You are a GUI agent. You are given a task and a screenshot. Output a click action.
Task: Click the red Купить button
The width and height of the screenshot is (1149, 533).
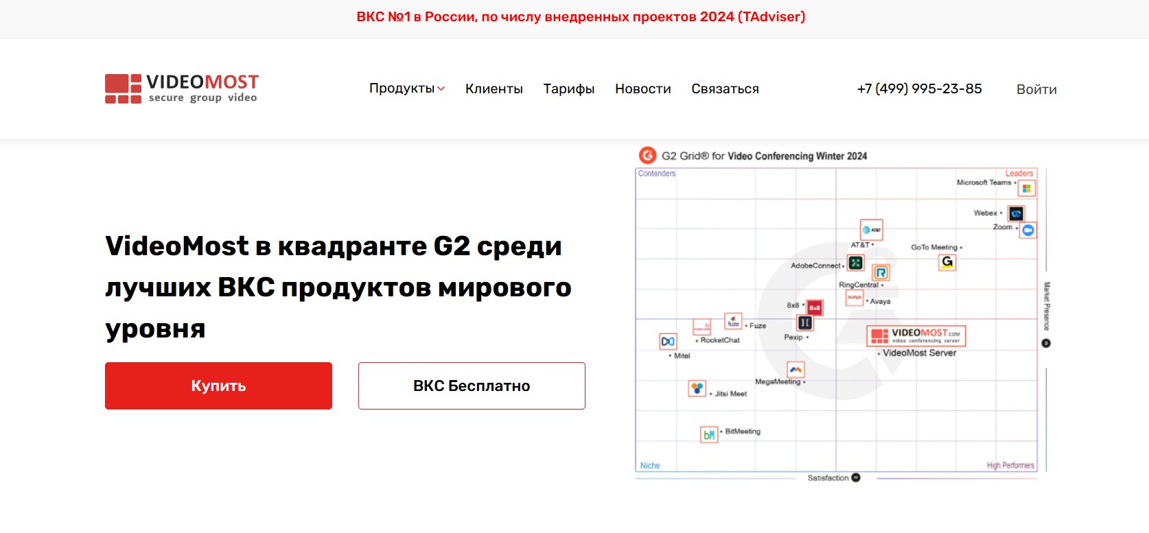pos(218,386)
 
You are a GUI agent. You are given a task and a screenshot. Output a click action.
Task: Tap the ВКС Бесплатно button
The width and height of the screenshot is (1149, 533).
pos(472,386)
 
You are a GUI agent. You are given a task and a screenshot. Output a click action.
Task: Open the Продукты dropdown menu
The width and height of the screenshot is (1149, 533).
pos(407,88)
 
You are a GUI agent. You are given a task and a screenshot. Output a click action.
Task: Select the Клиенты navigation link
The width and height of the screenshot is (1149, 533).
pos(494,88)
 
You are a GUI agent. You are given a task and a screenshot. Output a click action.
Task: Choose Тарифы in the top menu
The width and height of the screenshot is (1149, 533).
pos(569,88)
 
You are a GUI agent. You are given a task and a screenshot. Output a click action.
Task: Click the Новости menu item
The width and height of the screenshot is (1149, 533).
pos(643,88)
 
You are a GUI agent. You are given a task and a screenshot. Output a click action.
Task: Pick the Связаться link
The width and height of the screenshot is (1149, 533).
pos(725,88)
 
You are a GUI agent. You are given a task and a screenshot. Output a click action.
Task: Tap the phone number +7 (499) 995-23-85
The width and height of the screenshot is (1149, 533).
pos(919,88)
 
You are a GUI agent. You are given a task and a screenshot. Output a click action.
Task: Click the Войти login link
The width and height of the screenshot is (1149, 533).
pos(1036,89)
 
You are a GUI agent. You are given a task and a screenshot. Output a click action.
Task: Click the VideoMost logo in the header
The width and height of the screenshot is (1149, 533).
pos(182,88)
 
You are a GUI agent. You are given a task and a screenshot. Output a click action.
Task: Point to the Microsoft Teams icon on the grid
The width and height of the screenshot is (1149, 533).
pos(1027,189)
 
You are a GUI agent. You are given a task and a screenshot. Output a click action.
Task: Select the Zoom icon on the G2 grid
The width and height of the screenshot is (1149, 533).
pos(1028,230)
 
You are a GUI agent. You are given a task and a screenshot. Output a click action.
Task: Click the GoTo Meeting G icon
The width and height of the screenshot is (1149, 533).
pos(947,262)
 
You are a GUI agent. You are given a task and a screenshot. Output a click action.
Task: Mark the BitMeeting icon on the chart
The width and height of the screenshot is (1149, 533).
pos(709,434)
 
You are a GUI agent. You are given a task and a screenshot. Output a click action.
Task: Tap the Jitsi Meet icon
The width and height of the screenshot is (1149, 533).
pos(697,388)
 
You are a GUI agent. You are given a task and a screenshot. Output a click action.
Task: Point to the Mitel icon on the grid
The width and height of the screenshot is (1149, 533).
pos(668,341)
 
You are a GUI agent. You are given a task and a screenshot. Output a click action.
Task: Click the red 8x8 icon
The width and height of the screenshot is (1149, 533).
pos(814,308)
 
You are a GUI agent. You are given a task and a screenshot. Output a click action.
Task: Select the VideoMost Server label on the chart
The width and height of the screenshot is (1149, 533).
pos(919,353)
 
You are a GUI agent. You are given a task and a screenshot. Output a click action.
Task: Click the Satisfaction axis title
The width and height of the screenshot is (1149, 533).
pos(828,478)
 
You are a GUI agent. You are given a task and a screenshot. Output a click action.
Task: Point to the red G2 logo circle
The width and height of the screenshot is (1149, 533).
pos(647,156)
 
